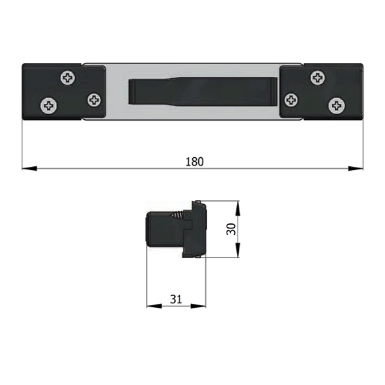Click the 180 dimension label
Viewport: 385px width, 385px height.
[x=194, y=162]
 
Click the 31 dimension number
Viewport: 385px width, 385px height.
[x=176, y=299]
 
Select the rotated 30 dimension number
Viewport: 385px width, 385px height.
[x=231, y=229]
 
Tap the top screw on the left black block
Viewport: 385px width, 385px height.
[x=68, y=78]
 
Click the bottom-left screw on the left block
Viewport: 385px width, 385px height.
[x=49, y=106]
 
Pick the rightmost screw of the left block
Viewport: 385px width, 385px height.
[x=94, y=100]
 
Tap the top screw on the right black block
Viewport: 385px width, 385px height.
[x=318, y=78]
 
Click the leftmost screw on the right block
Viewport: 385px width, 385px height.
[x=291, y=100]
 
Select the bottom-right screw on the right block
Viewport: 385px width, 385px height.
[x=337, y=106]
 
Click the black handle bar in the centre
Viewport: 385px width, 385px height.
[x=203, y=91]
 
